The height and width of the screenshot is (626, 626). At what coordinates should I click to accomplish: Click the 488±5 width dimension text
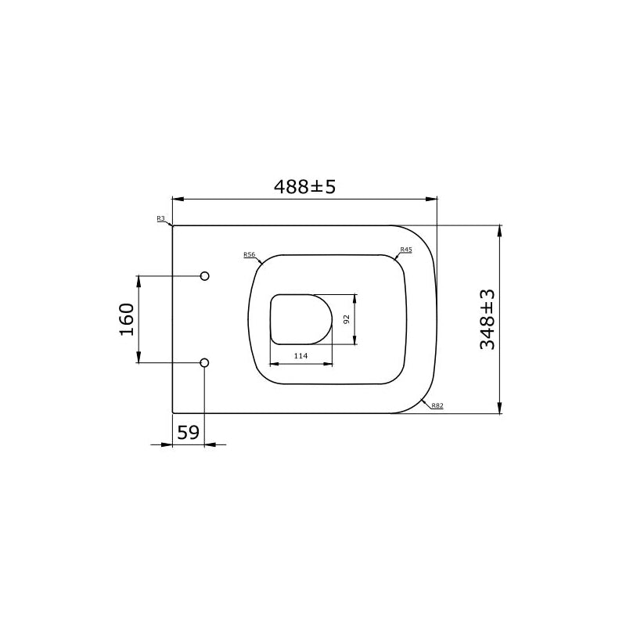coord(304,187)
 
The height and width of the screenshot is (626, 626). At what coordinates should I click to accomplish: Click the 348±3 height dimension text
coord(487,318)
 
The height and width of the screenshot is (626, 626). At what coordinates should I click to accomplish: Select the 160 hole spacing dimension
coord(127,319)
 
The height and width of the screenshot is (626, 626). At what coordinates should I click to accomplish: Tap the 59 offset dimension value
coord(187,432)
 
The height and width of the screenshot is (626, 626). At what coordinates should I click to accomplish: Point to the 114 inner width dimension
coord(300,356)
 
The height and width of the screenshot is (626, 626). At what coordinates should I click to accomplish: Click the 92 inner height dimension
coord(345,318)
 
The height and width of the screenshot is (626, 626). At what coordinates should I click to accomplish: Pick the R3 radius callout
coord(160,218)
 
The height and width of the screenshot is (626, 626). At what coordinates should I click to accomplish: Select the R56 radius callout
coord(249,254)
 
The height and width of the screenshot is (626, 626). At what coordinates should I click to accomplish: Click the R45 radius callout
coord(406,250)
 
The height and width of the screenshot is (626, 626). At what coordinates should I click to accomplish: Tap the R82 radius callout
coord(437,405)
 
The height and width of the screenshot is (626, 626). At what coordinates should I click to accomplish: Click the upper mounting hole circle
coord(205,276)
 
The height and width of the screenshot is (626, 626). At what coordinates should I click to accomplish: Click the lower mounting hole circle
coord(205,362)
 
